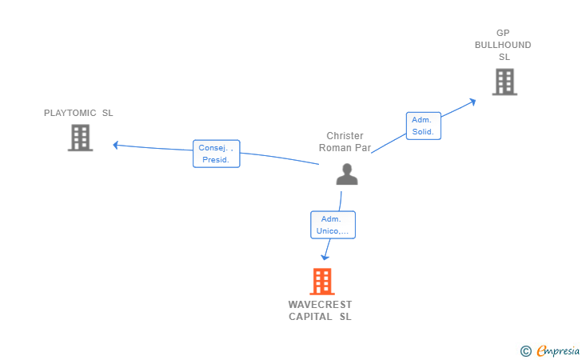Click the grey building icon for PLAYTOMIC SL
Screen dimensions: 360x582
point(80,138)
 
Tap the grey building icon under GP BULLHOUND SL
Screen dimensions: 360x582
point(504,82)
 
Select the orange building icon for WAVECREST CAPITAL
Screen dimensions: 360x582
point(321,282)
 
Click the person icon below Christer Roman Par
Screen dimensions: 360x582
point(347,174)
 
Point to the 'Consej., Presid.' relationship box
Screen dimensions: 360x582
point(216,154)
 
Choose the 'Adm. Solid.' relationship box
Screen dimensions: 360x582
point(423,126)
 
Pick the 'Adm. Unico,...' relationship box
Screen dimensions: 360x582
point(332,225)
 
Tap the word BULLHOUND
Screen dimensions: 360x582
point(503,45)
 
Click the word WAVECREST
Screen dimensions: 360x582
point(320,305)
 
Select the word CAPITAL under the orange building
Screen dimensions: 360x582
point(310,317)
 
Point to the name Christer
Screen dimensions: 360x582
point(345,136)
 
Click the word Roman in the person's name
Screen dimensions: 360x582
point(334,147)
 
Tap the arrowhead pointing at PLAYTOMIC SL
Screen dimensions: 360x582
point(116,145)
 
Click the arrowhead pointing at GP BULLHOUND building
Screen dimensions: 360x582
point(472,102)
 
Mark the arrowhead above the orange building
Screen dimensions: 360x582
point(325,257)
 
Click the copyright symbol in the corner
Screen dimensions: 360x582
point(525,350)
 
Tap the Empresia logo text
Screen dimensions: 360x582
point(558,350)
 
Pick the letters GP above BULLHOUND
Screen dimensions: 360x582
point(503,33)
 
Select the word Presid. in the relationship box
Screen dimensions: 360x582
point(216,160)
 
